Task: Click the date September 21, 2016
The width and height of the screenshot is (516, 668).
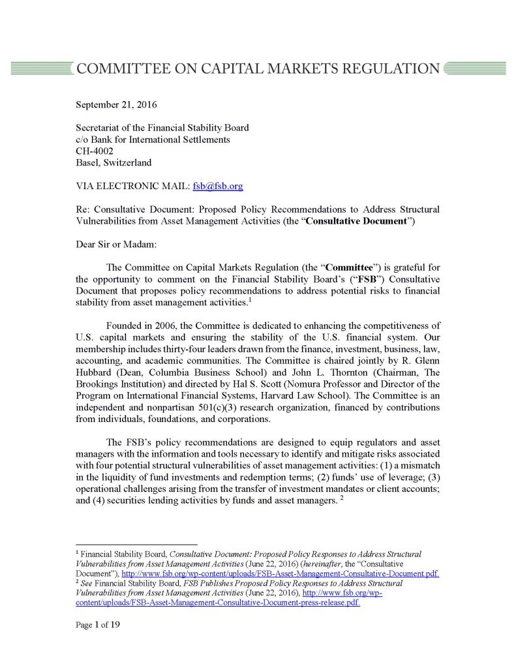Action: (117, 104)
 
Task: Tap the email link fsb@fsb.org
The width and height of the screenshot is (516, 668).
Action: (218, 186)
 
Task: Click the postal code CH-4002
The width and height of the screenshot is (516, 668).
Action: (95, 151)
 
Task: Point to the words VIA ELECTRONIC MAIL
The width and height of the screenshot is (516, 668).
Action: (132, 186)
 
